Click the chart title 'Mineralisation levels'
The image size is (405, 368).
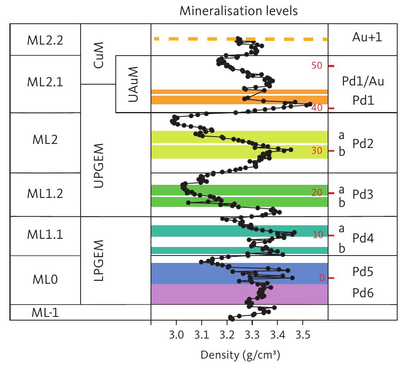tap(239, 11)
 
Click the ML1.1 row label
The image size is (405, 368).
tap(45, 235)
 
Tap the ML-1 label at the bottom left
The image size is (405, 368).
tap(45, 313)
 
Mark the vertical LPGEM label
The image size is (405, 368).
tap(98, 260)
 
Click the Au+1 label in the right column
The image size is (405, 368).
tap(363, 38)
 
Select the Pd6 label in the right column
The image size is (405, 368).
tap(363, 293)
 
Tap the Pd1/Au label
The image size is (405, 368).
tap(363, 81)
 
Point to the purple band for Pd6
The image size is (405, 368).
tap(205, 294)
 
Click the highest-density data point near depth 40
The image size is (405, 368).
tap(310, 104)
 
